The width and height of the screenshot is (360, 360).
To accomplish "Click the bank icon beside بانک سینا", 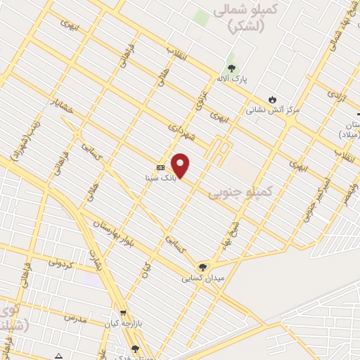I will (x=161, y=167).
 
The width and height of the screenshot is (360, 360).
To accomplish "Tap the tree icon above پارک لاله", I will (x=231, y=67).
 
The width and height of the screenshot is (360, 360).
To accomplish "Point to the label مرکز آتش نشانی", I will (x=273, y=110).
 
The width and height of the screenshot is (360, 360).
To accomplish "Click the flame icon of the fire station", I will (x=273, y=99).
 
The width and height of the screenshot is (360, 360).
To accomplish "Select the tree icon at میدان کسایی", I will (x=202, y=266).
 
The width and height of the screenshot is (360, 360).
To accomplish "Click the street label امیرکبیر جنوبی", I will (x=310, y=205).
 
